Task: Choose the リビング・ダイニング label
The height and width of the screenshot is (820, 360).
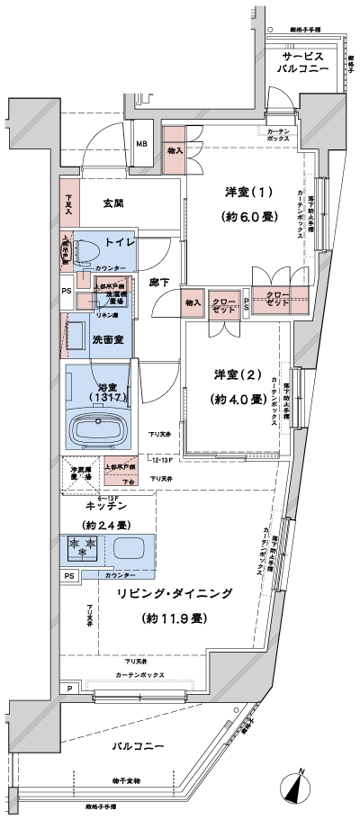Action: pos(175,594)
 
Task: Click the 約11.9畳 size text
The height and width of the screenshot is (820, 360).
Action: pos(175,618)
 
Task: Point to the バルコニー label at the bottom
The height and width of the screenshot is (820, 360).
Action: pos(138,746)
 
